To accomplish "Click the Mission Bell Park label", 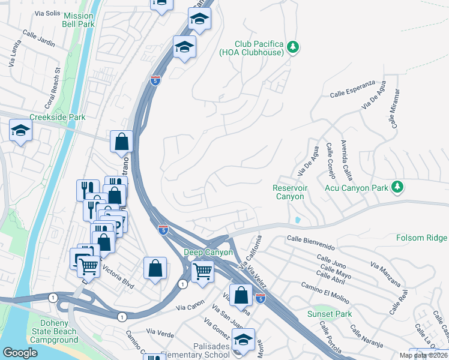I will (x=78, y=20).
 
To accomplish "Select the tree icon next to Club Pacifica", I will (x=292, y=46).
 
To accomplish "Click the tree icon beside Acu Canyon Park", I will (x=397, y=188).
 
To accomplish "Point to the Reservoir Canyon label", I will (x=290, y=192).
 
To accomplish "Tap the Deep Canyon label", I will (x=207, y=253).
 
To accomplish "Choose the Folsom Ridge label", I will (x=421, y=238).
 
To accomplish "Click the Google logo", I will (x=20, y=352).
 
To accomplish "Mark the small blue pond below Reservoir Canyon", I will (x=298, y=220).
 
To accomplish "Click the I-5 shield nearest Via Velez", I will (x=260, y=298).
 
